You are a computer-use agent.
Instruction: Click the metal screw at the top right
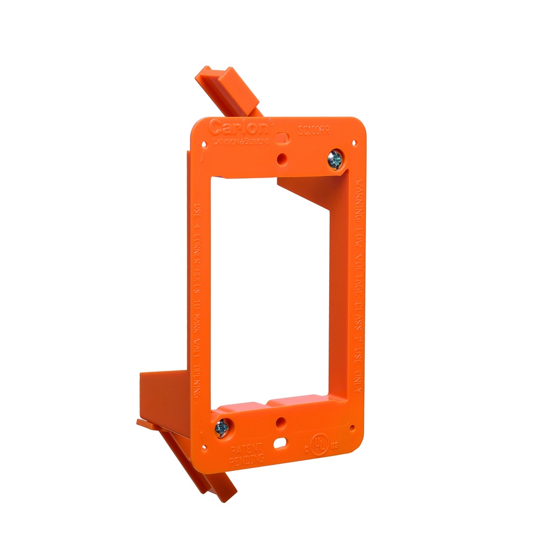point(336,159)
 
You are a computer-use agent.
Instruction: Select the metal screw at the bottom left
point(221,427)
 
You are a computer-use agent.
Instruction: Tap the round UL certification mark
point(320,443)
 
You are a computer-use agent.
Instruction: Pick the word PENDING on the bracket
point(246,459)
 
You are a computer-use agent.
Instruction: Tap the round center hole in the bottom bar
point(279,422)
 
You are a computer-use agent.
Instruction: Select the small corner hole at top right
point(354,143)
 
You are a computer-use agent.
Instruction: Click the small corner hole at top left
point(203,144)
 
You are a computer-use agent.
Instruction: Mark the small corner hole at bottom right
point(352,428)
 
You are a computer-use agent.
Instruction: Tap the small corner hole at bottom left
point(204,447)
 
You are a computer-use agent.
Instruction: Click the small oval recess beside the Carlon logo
point(280,138)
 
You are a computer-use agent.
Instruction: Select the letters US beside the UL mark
point(335,446)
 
